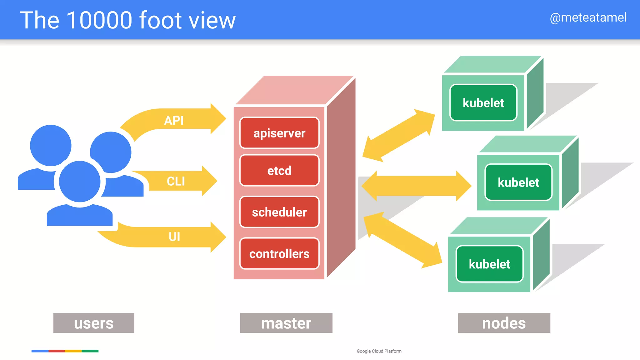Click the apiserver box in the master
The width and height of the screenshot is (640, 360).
coord(279,133)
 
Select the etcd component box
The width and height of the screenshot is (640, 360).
coord(279,171)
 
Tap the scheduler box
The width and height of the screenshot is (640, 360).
coord(279,212)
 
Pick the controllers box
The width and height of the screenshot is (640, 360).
coord(279,254)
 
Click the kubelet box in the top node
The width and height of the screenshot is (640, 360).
coord(483,103)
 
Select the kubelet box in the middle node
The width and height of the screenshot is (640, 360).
coord(518,182)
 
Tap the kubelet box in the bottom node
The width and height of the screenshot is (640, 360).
coord(489,264)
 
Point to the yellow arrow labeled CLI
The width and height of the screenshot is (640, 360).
coord(181,181)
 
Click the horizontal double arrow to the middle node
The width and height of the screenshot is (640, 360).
coord(416,186)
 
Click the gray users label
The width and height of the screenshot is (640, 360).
coord(94,323)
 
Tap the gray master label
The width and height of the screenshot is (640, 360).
coord(286,323)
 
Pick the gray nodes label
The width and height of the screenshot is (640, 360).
coord(504,323)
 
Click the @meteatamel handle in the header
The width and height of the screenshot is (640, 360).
coord(588,17)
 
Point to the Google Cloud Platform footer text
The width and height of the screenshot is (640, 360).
coord(379,351)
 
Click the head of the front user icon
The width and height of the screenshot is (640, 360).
coord(80,182)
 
